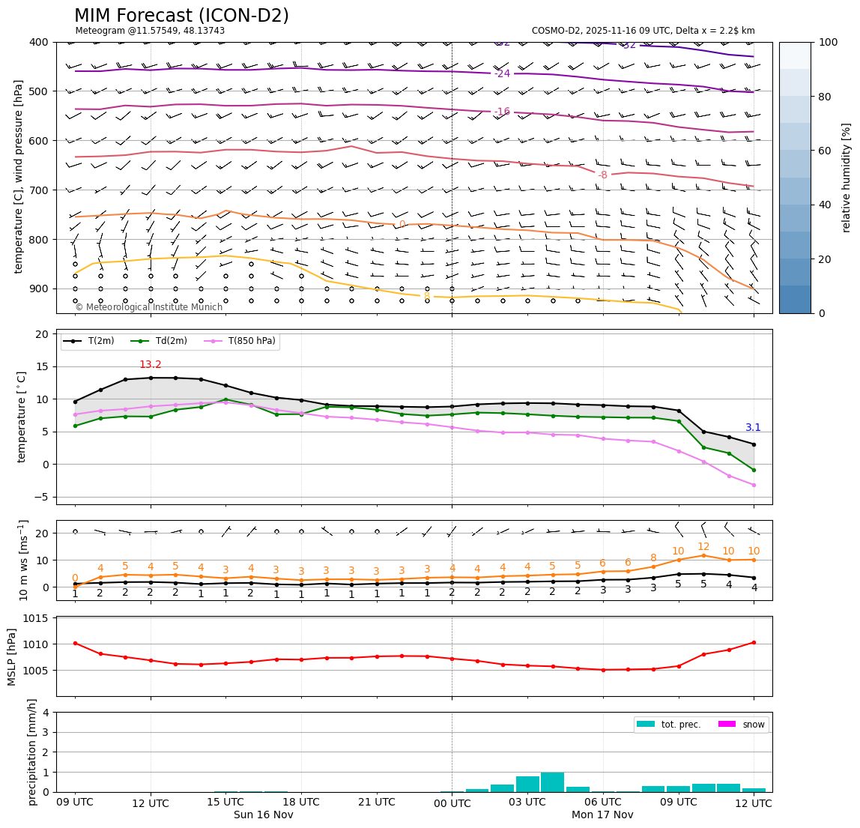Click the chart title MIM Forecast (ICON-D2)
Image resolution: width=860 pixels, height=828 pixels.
pos(181,16)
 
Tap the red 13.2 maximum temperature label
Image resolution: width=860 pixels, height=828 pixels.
pos(150,365)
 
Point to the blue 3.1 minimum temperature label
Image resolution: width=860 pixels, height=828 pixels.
pos(753,428)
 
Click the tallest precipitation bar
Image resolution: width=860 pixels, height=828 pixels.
pos(552,782)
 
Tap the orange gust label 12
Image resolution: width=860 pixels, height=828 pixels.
pos(703,547)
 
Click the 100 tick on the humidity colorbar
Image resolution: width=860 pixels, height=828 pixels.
pos(828,42)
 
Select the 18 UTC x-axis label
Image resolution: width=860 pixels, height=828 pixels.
pos(301,803)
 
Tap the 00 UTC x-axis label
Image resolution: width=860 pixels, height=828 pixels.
pos(452,803)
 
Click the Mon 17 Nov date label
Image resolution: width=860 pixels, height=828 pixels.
pos(602,815)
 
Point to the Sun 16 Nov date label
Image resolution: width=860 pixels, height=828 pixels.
pos(264,815)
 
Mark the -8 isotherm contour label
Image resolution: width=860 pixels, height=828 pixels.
pos(602,175)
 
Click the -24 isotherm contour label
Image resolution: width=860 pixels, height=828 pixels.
pos(502,73)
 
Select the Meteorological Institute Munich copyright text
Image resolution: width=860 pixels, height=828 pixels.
pos(148,307)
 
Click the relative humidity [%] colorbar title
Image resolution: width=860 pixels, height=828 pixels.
pos(847,178)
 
